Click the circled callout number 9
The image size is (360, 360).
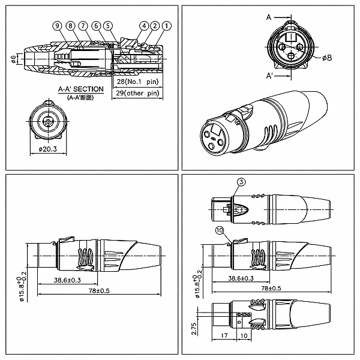point(57,26)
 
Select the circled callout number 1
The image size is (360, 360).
point(167,26)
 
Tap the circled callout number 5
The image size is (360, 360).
point(108,26)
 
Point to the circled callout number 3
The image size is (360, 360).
point(241,182)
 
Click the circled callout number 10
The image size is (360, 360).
point(220,230)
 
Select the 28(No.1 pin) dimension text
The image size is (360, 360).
point(138,82)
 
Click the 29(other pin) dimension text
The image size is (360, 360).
point(137,93)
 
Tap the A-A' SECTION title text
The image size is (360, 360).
point(81,89)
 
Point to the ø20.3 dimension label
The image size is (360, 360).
point(48,149)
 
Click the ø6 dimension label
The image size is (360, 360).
point(14,59)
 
